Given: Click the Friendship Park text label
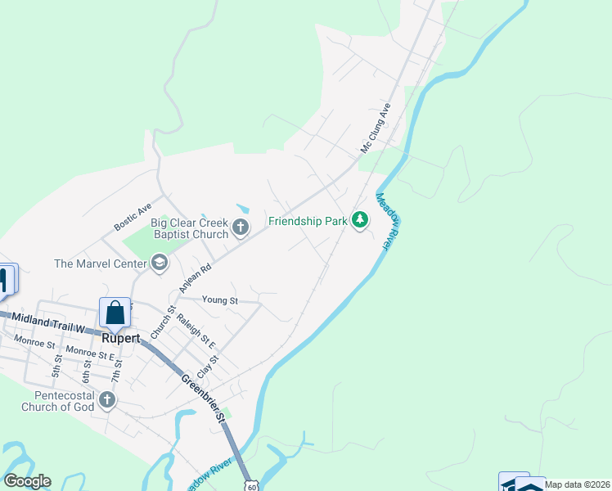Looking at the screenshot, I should pyautogui.click(x=307, y=220).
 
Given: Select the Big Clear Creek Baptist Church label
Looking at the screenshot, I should pyautogui.click(x=189, y=228).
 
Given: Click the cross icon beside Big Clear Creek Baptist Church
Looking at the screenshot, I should pyautogui.click(x=241, y=227).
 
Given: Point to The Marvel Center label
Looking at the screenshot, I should pyautogui.click(x=98, y=264).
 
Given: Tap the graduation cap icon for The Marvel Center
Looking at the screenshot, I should pyautogui.click(x=159, y=263).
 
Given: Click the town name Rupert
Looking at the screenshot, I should pyautogui.click(x=120, y=337).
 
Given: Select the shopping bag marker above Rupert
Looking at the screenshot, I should pyautogui.click(x=115, y=312).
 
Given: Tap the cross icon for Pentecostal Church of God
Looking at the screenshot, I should pyautogui.click(x=107, y=400).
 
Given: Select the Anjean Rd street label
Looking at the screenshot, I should pyautogui.click(x=195, y=277).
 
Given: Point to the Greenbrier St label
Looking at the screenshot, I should pyautogui.click(x=203, y=397).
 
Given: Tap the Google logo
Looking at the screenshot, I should pyautogui.click(x=27, y=481).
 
